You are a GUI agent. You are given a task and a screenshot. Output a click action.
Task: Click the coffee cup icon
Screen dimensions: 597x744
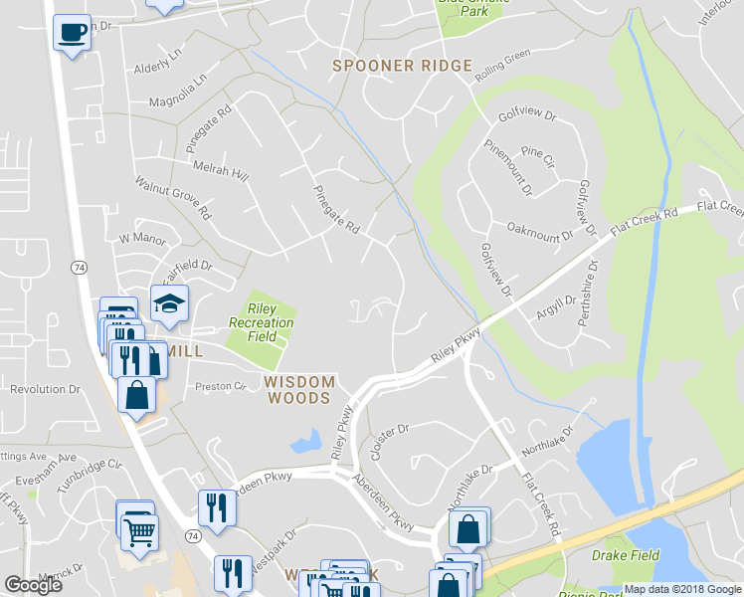pyautogui.click(x=72, y=32)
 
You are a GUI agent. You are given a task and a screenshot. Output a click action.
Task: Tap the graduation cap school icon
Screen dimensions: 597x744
pyautogui.click(x=169, y=302)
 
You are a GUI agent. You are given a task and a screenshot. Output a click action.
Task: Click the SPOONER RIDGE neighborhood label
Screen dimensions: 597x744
pyautogui.click(x=402, y=66)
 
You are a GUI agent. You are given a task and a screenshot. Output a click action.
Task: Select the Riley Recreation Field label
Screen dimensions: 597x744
pyautogui.click(x=262, y=322)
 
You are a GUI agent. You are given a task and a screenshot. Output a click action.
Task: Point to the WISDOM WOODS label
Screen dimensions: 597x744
pyautogui.click(x=297, y=389)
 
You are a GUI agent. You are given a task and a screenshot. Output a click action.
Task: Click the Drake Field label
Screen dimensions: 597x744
pyautogui.click(x=626, y=554)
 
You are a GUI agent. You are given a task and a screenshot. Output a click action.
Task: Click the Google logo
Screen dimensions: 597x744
pyautogui.click(x=34, y=585)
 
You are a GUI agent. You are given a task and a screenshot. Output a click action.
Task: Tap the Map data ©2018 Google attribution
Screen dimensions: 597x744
pyautogui.click(x=682, y=590)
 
